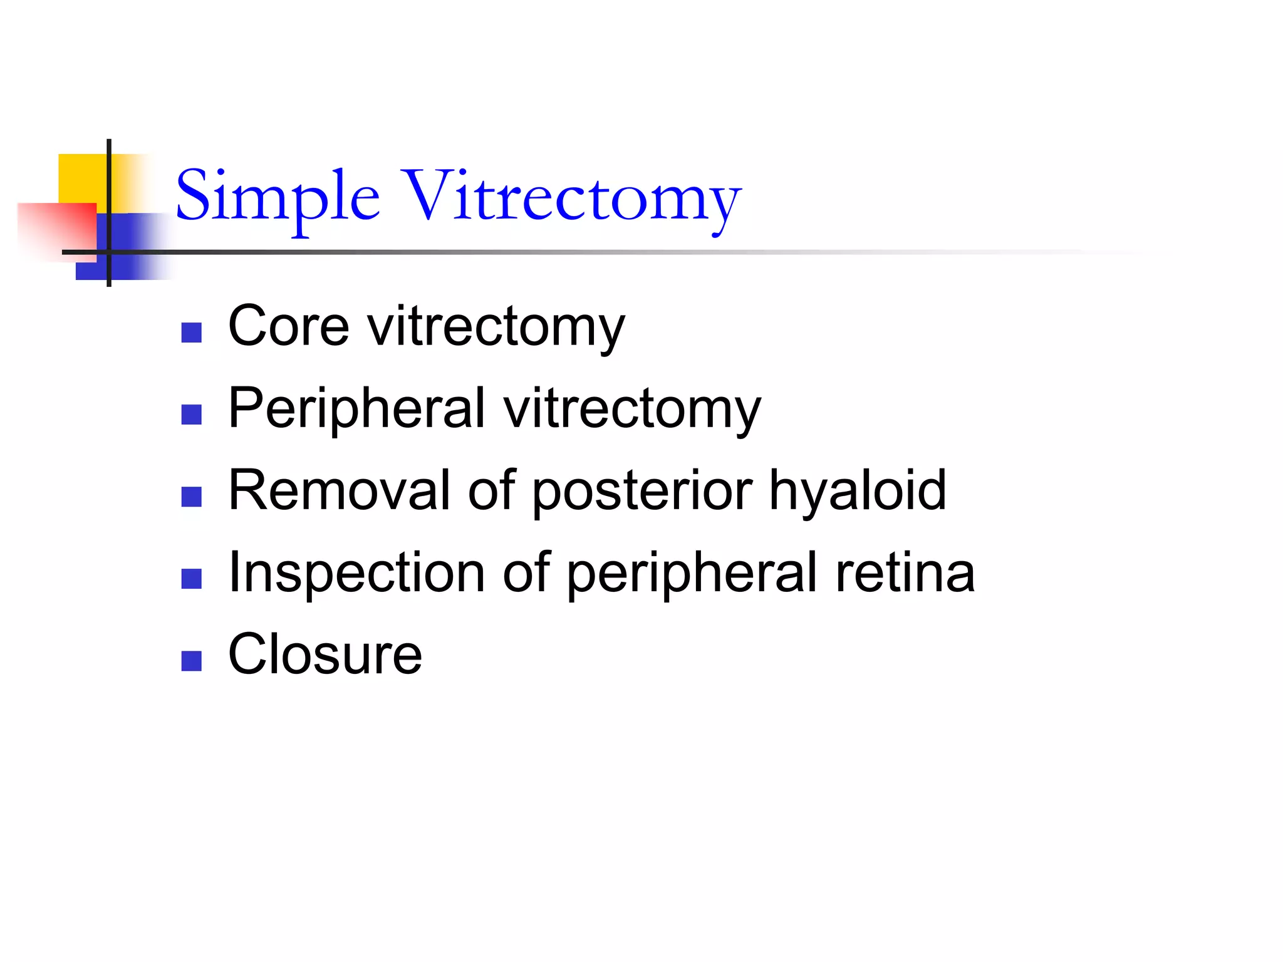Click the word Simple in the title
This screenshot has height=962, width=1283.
(x=278, y=197)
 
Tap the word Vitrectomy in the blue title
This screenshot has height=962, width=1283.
(x=571, y=197)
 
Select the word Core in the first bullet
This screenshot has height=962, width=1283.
(x=288, y=326)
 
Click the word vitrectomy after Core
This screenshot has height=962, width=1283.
(x=496, y=327)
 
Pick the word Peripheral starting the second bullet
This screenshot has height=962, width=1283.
(x=356, y=408)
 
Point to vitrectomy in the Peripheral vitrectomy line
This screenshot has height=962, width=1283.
(x=632, y=409)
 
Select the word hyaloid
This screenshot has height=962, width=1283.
(x=858, y=490)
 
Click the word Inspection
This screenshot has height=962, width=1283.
(x=356, y=572)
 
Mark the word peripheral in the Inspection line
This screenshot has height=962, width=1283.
(x=692, y=573)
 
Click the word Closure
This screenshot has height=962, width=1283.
(x=325, y=654)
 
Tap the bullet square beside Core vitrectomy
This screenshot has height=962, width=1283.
(x=191, y=333)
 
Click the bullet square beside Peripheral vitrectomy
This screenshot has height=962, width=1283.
(x=191, y=415)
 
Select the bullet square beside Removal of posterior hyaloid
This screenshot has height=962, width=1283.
(x=191, y=497)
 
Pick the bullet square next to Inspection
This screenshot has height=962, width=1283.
(x=191, y=579)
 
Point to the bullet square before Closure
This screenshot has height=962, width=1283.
(x=191, y=661)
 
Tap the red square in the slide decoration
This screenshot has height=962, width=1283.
(x=56, y=229)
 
